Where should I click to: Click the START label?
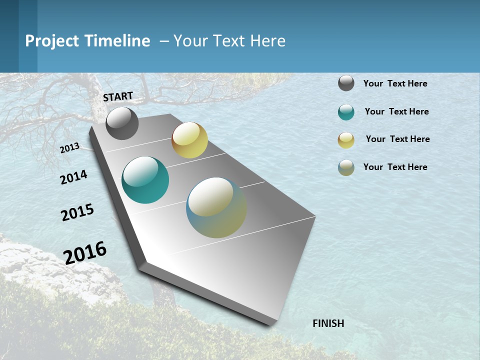pos(118,96)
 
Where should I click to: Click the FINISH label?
pos(328,323)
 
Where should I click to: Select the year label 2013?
pos(69,148)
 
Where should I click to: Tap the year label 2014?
pos(73,177)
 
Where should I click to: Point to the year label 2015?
pos(77,212)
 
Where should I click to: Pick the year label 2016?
pos(85,253)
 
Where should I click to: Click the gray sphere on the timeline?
pos(122,123)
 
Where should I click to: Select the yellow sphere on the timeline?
pos(189,140)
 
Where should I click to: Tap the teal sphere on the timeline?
pos(145,180)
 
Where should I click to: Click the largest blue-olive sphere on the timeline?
pos(216,207)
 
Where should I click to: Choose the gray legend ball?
pos(346,83)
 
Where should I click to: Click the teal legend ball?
pos(346,112)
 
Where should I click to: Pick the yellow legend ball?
pos(346,140)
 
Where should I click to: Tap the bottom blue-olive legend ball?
pos(346,167)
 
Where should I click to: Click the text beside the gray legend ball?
pos(395,83)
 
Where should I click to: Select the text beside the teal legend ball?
pos(396,111)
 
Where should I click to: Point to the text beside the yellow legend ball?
pos(397,139)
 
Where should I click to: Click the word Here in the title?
pos(267,41)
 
